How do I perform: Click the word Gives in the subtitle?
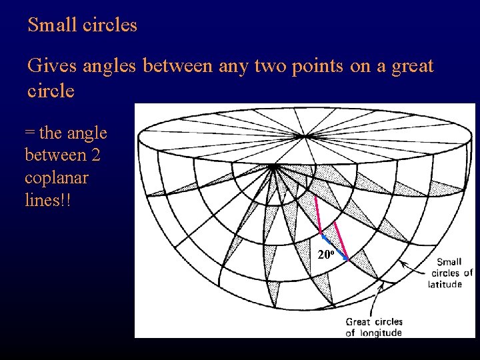click(x=49, y=67)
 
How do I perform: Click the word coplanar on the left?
click(x=56, y=179)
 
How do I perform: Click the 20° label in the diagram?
click(x=325, y=255)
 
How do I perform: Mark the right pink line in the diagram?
click(x=340, y=240)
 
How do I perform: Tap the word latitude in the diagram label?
click(x=445, y=284)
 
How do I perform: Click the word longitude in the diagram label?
click(x=380, y=333)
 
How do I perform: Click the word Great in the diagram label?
click(x=358, y=322)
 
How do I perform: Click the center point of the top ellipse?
click(x=307, y=137)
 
